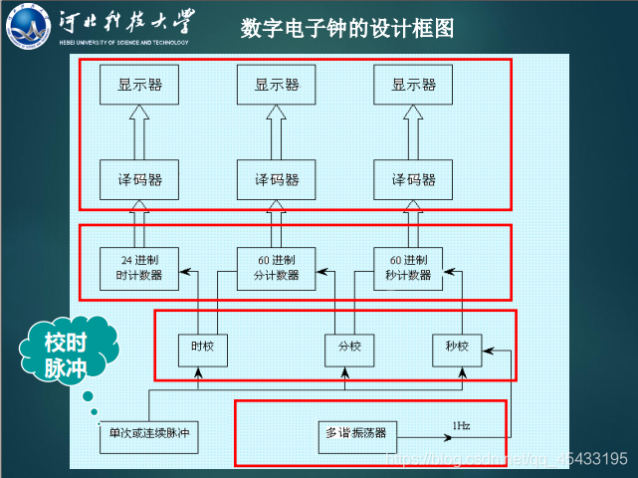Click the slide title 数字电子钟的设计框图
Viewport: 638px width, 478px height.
tap(346, 28)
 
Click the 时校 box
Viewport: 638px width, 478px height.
tap(202, 348)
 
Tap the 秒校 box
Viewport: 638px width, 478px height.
tap(457, 348)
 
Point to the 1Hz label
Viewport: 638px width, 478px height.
tap(462, 426)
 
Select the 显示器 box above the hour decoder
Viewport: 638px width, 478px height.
tap(139, 86)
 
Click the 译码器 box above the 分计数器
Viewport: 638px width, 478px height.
tap(277, 179)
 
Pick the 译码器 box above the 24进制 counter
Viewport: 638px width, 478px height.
tap(139, 179)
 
